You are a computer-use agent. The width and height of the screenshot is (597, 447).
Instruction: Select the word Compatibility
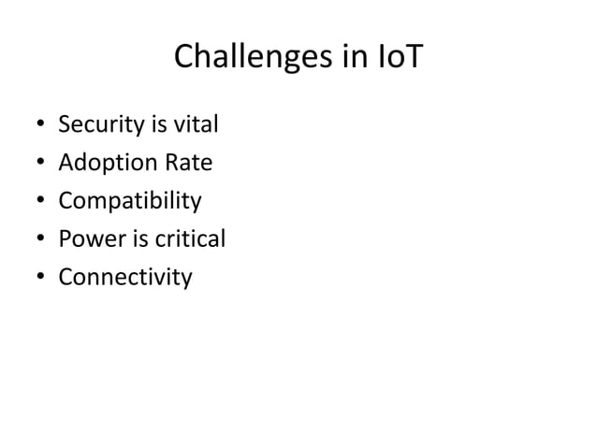[x=130, y=202]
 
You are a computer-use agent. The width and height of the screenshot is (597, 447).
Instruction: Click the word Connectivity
[x=125, y=278]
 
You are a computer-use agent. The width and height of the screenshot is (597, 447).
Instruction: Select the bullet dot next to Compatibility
[x=36, y=203]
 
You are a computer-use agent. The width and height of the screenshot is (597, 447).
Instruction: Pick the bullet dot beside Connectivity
[x=36, y=279]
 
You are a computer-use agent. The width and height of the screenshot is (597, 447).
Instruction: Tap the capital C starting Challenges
[x=185, y=59]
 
